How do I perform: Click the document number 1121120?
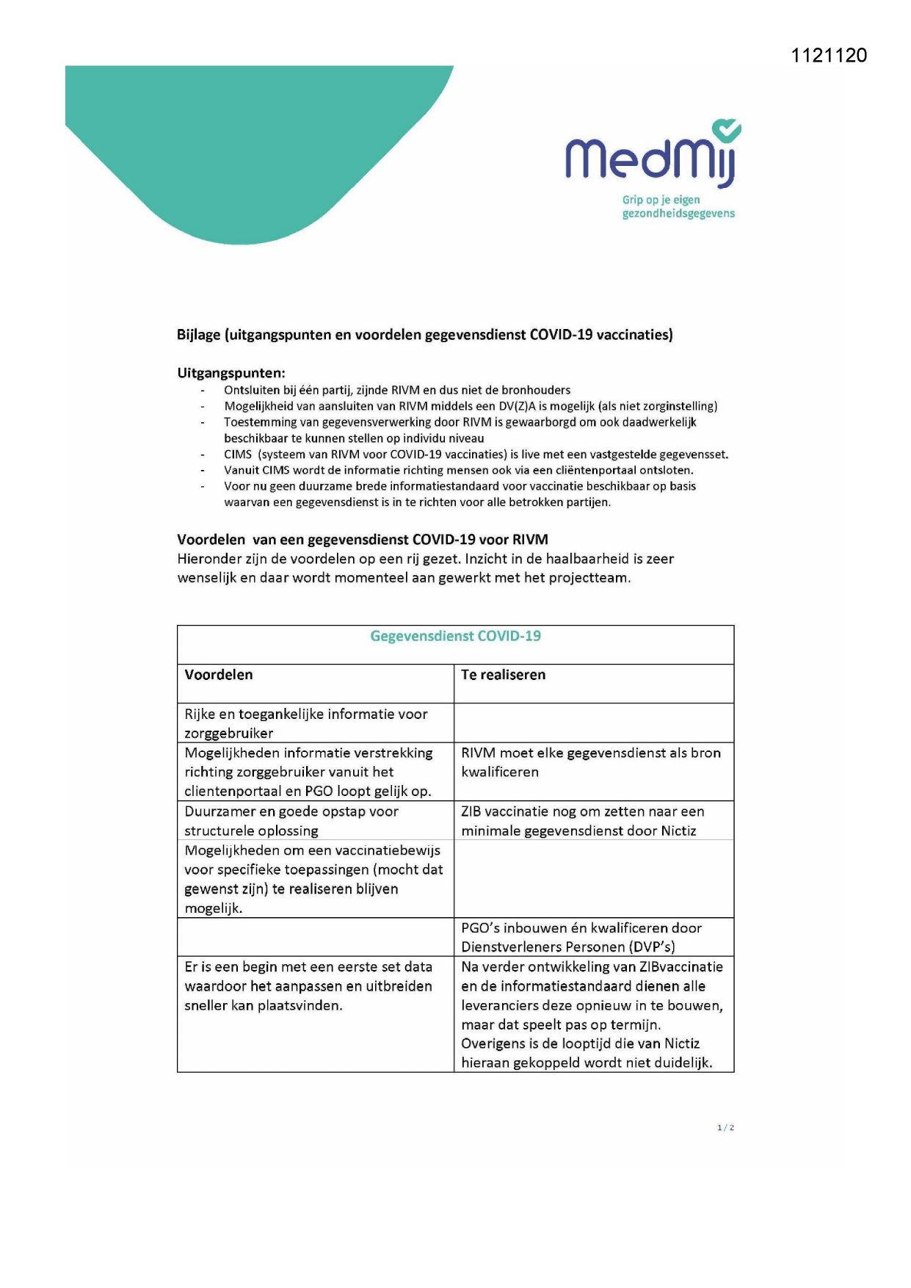(829, 56)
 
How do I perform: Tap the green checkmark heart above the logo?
(727, 131)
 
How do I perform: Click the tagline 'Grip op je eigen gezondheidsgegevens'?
(678, 206)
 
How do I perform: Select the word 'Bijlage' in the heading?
(198, 335)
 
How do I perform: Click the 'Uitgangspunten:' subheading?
(231, 373)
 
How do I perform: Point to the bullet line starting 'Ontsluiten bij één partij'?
(396, 390)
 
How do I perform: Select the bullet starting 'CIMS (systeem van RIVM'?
(476, 455)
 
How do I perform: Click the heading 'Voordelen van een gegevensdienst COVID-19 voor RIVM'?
(363, 540)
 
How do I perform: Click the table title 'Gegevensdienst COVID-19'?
(455, 636)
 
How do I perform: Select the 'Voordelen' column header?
(219, 675)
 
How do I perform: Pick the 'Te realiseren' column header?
(503, 675)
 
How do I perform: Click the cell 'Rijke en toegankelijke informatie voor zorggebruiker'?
(305, 723)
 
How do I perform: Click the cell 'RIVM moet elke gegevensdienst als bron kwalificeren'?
(590, 762)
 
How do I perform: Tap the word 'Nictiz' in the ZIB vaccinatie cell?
(678, 831)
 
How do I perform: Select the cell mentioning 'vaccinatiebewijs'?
(313, 879)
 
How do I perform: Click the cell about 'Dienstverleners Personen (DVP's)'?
(581, 938)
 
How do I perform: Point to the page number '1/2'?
(725, 1127)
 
